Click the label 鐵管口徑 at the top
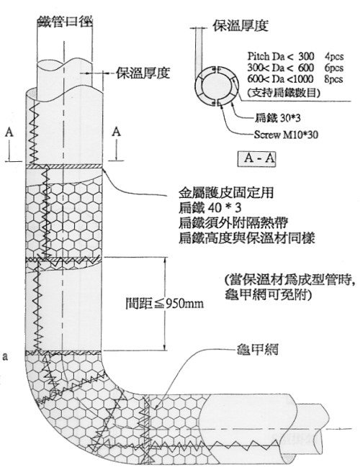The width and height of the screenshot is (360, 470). (65, 21)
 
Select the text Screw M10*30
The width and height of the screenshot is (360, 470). (286, 135)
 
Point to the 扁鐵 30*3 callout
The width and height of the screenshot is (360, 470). (278, 118)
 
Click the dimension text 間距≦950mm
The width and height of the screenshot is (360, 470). (164, 304)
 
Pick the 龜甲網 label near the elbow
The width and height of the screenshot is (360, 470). (257, 349)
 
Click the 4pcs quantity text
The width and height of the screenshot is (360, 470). (334, 57)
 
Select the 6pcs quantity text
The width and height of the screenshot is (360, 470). (334, 68)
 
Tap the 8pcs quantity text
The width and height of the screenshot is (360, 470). (334, 79)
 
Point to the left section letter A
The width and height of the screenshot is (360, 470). (9, 132)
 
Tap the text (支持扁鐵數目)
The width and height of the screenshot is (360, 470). (284, 93)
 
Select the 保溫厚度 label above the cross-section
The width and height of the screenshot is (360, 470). (240, 25)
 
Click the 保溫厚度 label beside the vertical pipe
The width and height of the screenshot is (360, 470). (143, 72)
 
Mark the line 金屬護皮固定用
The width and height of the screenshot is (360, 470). (226, 193)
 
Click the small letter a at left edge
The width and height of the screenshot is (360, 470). (4, 357)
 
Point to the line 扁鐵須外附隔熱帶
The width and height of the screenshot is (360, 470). (233, 223)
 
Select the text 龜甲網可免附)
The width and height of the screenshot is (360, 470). (268, 295)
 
